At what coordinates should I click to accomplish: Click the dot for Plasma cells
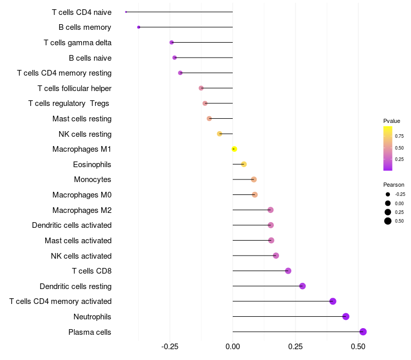(x=363, y=332)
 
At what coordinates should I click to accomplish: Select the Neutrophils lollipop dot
(x=346, y=316)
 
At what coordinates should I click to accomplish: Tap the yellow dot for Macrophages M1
(x=234, y=149)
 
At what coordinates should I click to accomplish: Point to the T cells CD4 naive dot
(x=126, y=12)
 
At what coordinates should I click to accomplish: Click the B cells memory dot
(x=139, y=27)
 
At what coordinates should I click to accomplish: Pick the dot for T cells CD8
(x=288, y=271)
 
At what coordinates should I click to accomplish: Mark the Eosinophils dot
(x=244, y=164)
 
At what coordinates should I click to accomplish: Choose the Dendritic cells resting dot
(x=302, y=286)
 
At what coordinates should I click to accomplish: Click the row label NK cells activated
(x=81, y=256)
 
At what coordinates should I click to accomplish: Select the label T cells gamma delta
(x=78, y=43)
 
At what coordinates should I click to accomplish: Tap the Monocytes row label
(x=92, y=179)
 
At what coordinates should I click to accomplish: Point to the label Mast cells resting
(x=82, y=119)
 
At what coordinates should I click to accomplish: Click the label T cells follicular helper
(x=74, y=88)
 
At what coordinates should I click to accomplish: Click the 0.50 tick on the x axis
(x=359, y=347)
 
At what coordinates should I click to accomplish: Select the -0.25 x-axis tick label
(x=170, y=347)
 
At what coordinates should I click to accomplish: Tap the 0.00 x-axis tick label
(x=233, y=347)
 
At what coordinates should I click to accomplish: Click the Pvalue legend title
(x=391, y=121)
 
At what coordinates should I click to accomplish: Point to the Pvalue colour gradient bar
(x=388, y=148)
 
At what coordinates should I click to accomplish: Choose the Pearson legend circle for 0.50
(x=388, y=221)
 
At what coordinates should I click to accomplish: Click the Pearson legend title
(x=394, y=185)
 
